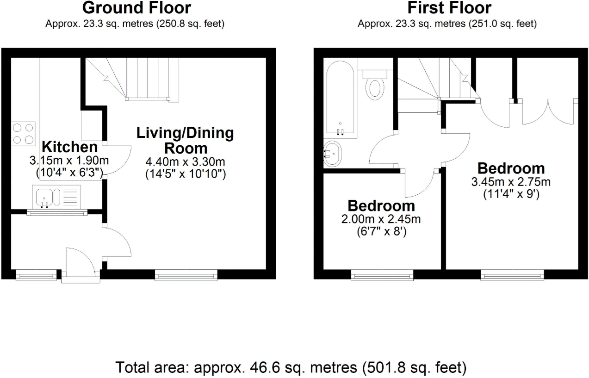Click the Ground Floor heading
(x=136, y=8)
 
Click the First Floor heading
(x=449, y=8)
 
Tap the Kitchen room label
(x=70, y=147)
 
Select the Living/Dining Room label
(x=185, y=141)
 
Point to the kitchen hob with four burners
(x=23, y=133)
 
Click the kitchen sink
(x=45, y=196)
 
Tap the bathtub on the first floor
(x=341, y=99)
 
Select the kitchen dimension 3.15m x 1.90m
(x=69, y=161)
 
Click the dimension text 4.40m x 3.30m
(x=185, y=162)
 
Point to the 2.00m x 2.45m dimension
(x=381, y=219)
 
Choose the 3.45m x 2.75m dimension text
(x=511, y=182)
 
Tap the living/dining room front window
(x=186, y=276)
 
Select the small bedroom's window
(x=382, y=276)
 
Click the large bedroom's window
(x=512, y=276)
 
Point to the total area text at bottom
(x=291, y=368)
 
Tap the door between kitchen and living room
(x=118, y=160)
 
